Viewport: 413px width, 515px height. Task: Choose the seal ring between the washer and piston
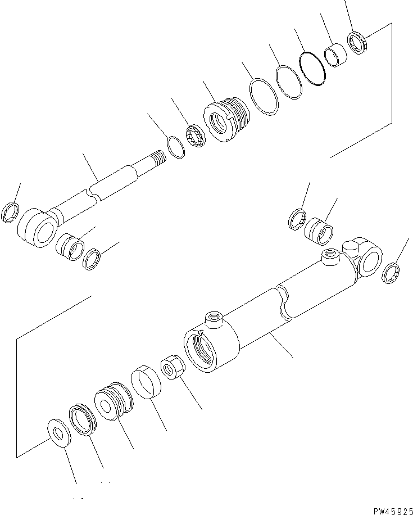(x=82, y=419)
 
